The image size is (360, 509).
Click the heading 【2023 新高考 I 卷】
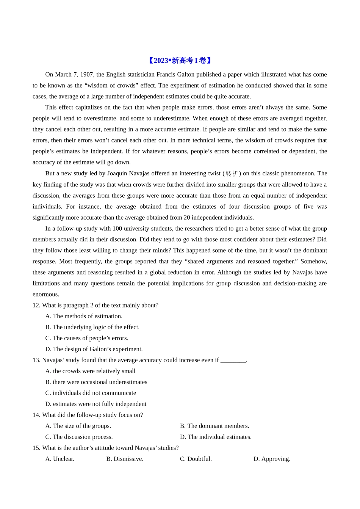pos(180,61)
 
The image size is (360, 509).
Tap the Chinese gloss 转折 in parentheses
pos(232,173)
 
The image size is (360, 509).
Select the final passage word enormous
pos(46,295)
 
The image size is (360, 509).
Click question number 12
pos(36,306)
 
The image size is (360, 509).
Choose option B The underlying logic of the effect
pos(92,327)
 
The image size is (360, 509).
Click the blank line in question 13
pos(233,361)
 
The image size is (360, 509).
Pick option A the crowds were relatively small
pos(90,371)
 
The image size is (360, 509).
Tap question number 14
pos(36,415)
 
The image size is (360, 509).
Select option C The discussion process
pos(79,437)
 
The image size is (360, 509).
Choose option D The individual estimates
pos(216,437)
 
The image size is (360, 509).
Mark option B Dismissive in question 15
pos(125,459)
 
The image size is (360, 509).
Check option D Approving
pos(272,459)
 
